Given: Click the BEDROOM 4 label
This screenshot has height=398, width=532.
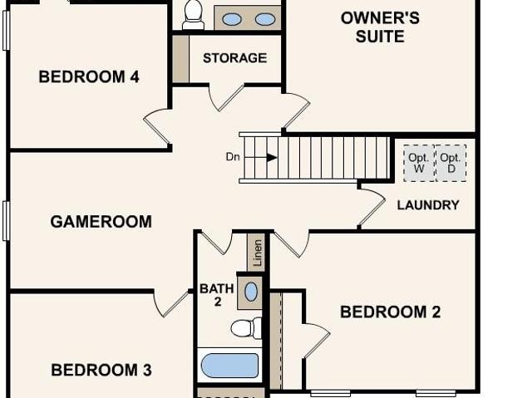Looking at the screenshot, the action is tap(89, 76).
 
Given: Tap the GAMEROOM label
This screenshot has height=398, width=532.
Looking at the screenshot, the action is tap(101, 222).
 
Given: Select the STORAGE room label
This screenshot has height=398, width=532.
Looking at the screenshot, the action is tap(234, 58).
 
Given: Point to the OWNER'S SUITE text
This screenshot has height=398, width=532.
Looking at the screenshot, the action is tap(380, 27).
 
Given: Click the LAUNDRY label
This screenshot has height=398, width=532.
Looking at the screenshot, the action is tap(428, 205).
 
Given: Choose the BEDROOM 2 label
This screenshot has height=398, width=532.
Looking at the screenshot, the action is tap(390, 312).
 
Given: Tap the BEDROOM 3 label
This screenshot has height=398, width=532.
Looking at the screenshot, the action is tap(101, 370).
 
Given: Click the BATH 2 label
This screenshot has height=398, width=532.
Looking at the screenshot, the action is tap(217, 295).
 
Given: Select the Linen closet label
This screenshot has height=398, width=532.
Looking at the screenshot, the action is tap(258, 253).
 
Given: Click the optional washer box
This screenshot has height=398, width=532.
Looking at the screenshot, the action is tap(419, 163).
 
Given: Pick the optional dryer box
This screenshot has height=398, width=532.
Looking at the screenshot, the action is tap(451, 163).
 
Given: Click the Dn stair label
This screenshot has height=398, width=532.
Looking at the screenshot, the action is tap(233, 157).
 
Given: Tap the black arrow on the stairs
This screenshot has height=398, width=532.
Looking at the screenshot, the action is tap(272, 158).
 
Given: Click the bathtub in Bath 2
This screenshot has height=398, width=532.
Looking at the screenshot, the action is tap(229, 366).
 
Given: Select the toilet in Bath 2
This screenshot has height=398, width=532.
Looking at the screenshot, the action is tap(246, 328).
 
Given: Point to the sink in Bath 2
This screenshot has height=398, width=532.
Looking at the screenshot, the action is tap(251, 292).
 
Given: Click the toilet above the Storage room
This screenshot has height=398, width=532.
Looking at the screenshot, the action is tap(194, 15).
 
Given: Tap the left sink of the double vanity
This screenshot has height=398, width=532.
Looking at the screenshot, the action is tap(232, 19).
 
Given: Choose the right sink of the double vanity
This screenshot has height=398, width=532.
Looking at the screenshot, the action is tap(265, 19).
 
